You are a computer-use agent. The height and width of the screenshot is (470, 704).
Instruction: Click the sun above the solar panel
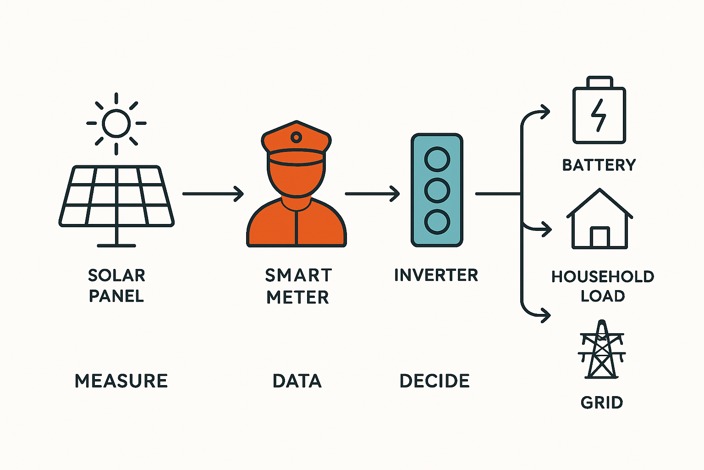(x=116, y=123)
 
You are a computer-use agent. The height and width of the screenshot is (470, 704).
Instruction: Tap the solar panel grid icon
(x=116, y=196)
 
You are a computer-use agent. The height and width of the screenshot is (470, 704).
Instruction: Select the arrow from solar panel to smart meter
(x=213, y=194)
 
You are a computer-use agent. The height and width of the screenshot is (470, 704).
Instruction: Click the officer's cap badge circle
(x=297, y=137)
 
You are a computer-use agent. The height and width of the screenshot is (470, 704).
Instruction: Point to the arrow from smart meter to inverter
(x=372, y=194)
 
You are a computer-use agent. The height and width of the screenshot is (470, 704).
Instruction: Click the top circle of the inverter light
(x=437, y=160)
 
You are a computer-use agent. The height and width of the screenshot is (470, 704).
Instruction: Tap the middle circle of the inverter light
(x=437, y=190)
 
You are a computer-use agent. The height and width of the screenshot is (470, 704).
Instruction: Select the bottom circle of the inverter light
(x=437, y=222)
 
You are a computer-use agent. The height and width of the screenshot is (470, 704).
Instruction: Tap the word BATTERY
(x=599, y=165)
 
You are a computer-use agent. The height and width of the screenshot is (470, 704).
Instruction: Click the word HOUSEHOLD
(x=603, y=277)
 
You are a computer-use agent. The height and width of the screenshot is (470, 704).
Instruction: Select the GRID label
(x=602, y=403)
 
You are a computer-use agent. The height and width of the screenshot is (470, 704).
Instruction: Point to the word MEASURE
(x=121, y=381)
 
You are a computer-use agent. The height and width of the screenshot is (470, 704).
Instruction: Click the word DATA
(x=297, y=381)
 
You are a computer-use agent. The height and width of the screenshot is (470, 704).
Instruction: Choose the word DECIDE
(x=434, y=381)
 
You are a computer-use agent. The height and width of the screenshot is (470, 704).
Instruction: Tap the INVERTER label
(x=436, y=275)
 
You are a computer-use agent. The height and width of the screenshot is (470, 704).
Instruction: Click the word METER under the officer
(x=297, y=297)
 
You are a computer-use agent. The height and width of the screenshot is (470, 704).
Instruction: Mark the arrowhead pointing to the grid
(x=545, y=315)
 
